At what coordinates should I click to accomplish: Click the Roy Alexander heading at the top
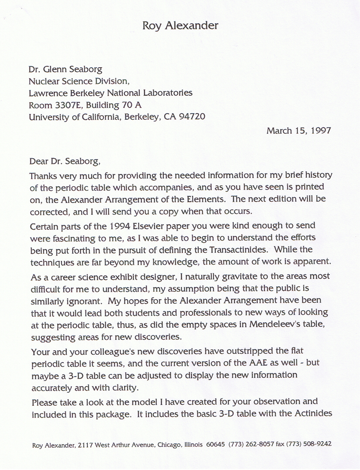[180, 26]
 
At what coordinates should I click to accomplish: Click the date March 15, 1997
[298, 130]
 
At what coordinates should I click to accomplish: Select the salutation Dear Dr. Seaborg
[65, 161]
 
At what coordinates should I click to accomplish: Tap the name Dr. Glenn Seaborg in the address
[66, 69]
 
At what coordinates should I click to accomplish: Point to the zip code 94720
[192, 117]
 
